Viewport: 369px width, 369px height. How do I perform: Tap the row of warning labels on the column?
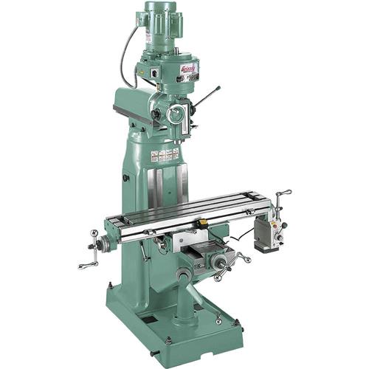pos(165,155)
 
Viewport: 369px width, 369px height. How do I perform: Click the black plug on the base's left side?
pos(125,177)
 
